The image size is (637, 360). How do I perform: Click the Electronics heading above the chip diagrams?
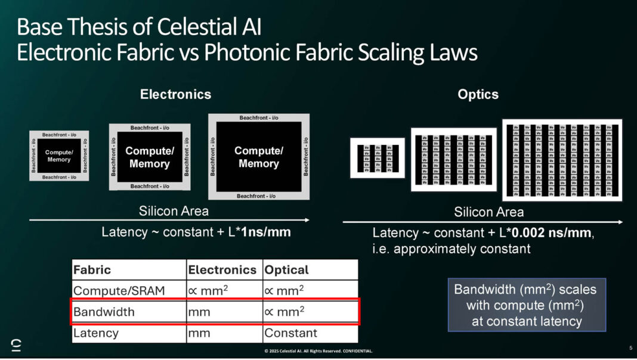point(175,94)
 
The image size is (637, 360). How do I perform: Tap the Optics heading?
point(478,94)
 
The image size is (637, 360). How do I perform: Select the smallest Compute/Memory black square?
point(58,156)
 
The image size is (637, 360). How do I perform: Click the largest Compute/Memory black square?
point(258,157)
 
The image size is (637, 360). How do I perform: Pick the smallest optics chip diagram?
point(377,159)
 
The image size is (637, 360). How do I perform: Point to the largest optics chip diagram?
point(562,160)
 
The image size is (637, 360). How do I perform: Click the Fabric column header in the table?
point(92,269)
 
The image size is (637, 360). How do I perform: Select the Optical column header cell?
point(286,269)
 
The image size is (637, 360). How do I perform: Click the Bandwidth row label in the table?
point(104,312)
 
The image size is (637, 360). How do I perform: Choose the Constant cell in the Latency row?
point(290,333)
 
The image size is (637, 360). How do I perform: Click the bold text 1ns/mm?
point(265,232)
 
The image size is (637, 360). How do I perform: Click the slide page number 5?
point(630,347)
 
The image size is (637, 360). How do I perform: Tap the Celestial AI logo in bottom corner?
point(16,345)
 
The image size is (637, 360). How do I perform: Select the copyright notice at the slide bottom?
point(318,350)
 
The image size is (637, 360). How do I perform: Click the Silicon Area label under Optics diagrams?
point(489,212)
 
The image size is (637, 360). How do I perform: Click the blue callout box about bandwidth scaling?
point(527,305)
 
